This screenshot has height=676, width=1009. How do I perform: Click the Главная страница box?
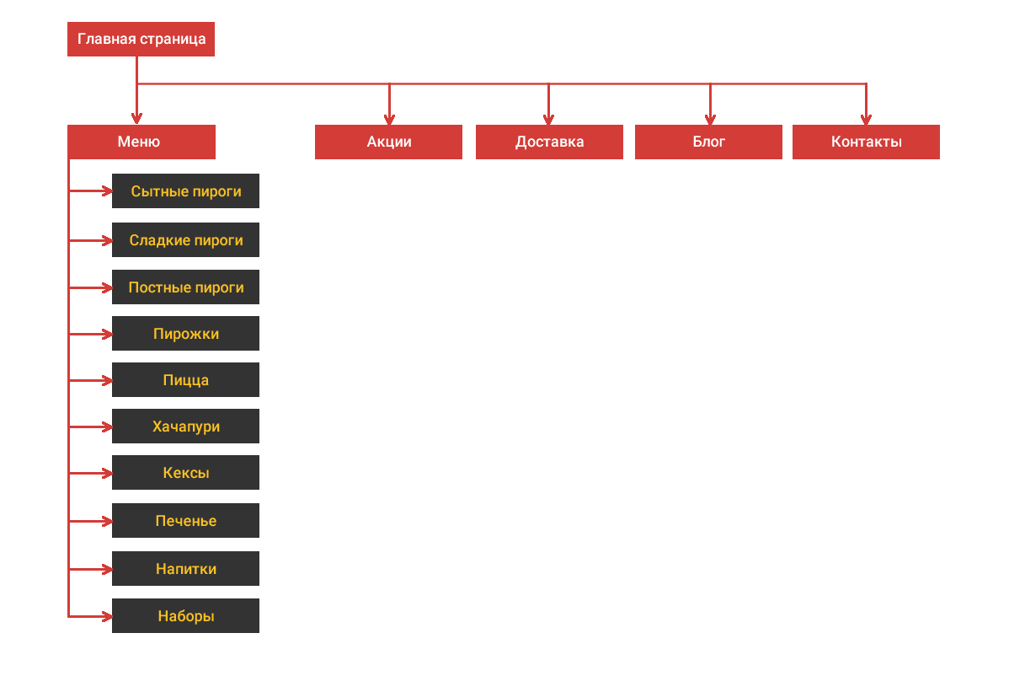point(141,40)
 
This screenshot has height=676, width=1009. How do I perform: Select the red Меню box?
point(141,142)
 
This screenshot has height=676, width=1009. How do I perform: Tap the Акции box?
point(388,142)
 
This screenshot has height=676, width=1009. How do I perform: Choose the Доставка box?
point(549,142)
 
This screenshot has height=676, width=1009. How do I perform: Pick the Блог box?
point(708,142)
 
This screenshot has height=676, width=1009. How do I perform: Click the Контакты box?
point(866,142)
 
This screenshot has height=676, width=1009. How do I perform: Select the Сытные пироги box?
point(186,191)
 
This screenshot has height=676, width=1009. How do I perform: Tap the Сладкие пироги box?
point(186,240)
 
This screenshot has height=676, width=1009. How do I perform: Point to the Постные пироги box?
point(186,287)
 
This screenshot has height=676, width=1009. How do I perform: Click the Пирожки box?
point(186,334)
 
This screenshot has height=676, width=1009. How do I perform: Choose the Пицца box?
point(186,380)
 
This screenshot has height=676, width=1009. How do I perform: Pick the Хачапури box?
point(186,427)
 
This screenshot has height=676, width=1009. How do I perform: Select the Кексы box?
point(186,473)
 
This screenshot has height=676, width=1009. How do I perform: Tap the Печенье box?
point(186,521)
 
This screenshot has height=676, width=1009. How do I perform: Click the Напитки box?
point(186,568)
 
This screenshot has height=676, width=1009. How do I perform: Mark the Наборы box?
point(186,616)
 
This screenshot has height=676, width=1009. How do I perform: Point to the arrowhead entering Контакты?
point(866,120)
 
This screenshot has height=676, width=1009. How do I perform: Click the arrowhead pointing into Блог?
point(710,120)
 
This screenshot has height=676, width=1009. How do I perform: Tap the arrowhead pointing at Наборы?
point(108,617)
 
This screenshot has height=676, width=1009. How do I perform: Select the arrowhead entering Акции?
point(389,120)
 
